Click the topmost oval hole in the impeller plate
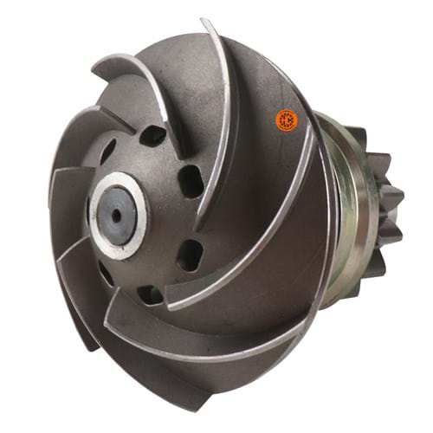[x=154, y=135]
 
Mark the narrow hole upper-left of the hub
[x=107, y=153]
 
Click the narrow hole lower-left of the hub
[x=105, y=274]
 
